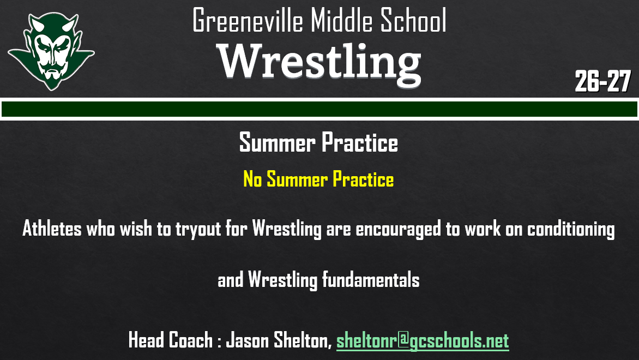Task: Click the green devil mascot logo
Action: pos(50,51)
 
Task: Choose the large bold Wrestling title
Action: pos(319,61)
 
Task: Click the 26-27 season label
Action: pos(602,82)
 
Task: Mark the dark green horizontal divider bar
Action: pos(319,109)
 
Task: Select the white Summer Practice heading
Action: pos(318,143)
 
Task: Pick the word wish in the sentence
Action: pos(137,229)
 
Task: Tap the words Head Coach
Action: pos(170,340)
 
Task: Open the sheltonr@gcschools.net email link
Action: pos(423,341)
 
